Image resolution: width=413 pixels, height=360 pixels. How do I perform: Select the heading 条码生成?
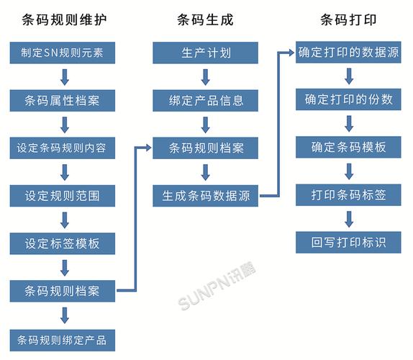coord(206,19)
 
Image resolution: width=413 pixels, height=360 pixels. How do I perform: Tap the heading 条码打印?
coord(349,19)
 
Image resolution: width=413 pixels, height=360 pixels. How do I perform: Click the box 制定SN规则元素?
coord(63,53)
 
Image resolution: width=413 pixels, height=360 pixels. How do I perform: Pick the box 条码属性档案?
coord(63,100)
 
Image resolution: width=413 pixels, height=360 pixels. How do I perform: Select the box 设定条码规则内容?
coord(63,148)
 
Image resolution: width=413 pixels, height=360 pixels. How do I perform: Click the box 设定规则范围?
coord(63,196)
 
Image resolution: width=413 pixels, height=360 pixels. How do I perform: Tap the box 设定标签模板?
coord(63,243)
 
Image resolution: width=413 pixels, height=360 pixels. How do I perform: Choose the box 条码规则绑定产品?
coord(63,339)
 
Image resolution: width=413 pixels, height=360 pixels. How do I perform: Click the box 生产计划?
coord(206,53)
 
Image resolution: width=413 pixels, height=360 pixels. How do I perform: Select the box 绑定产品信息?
coord(206,100)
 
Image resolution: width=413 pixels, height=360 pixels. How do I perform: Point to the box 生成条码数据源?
coord(206,196)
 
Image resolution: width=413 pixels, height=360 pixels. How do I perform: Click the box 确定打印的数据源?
coord(349,53)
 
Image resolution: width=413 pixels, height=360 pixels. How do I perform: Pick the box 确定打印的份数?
coord(349,100)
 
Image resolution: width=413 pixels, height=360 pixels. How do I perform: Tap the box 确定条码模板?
coord(349,148)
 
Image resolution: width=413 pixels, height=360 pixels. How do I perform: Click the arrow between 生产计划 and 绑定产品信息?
coord(206,76)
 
